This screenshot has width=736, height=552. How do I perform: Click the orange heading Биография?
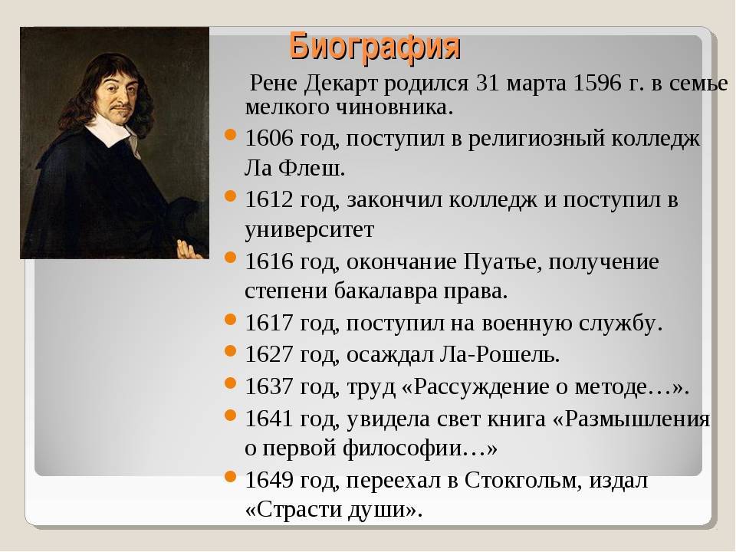click(375, 47)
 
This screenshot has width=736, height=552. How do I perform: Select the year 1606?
click(269, 139)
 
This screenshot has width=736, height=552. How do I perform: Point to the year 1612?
click(269, 199)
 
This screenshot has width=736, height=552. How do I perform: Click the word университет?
click(309, 230)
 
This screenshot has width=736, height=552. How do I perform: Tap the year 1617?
click(269, 323)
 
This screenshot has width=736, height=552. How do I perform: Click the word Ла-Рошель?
click(500, 354)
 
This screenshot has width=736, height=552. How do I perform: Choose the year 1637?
click(269, 386)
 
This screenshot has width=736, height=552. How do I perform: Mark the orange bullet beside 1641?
click(230, 415)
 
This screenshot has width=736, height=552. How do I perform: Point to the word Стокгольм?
click(524, 480)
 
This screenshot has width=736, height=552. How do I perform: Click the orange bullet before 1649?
click(230, 476)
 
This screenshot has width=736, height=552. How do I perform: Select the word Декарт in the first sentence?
click(340, 84)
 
